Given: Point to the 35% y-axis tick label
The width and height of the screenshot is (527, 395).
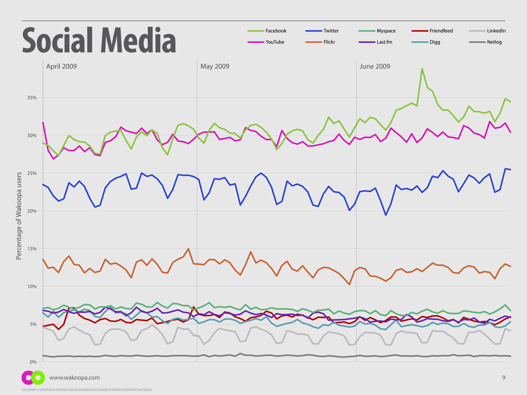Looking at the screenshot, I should pos(32,98).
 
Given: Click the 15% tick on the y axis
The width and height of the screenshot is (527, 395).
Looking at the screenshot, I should pos(32,249).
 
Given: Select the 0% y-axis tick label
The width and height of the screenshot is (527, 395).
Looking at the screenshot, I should pos(33,362).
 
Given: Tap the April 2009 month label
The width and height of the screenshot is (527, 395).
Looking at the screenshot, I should pos(61,66).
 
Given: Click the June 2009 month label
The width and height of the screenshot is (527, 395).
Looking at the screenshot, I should pos(375,66).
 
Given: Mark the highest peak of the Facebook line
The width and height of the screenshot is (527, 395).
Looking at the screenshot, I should pos(422,69).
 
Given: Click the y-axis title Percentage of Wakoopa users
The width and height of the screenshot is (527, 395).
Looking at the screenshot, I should pos(19,216).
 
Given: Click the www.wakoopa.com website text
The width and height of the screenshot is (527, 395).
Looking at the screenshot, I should pos(74,378).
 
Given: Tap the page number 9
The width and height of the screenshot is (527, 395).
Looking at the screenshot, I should pos(503,378).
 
